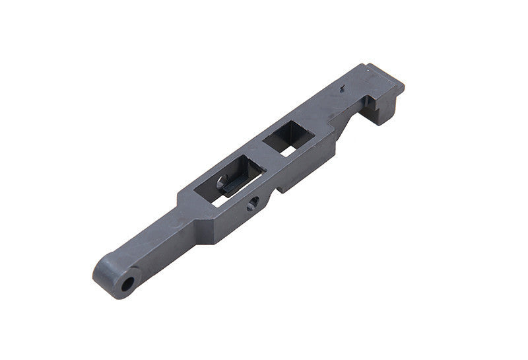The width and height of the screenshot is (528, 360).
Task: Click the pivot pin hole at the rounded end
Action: pyautogui.click(x=127, y=284)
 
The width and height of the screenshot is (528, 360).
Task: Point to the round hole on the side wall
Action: pyautogui.click(x=251, y=206)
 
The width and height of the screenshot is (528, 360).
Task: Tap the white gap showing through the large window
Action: pyautogui.click(x=216, y=200)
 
